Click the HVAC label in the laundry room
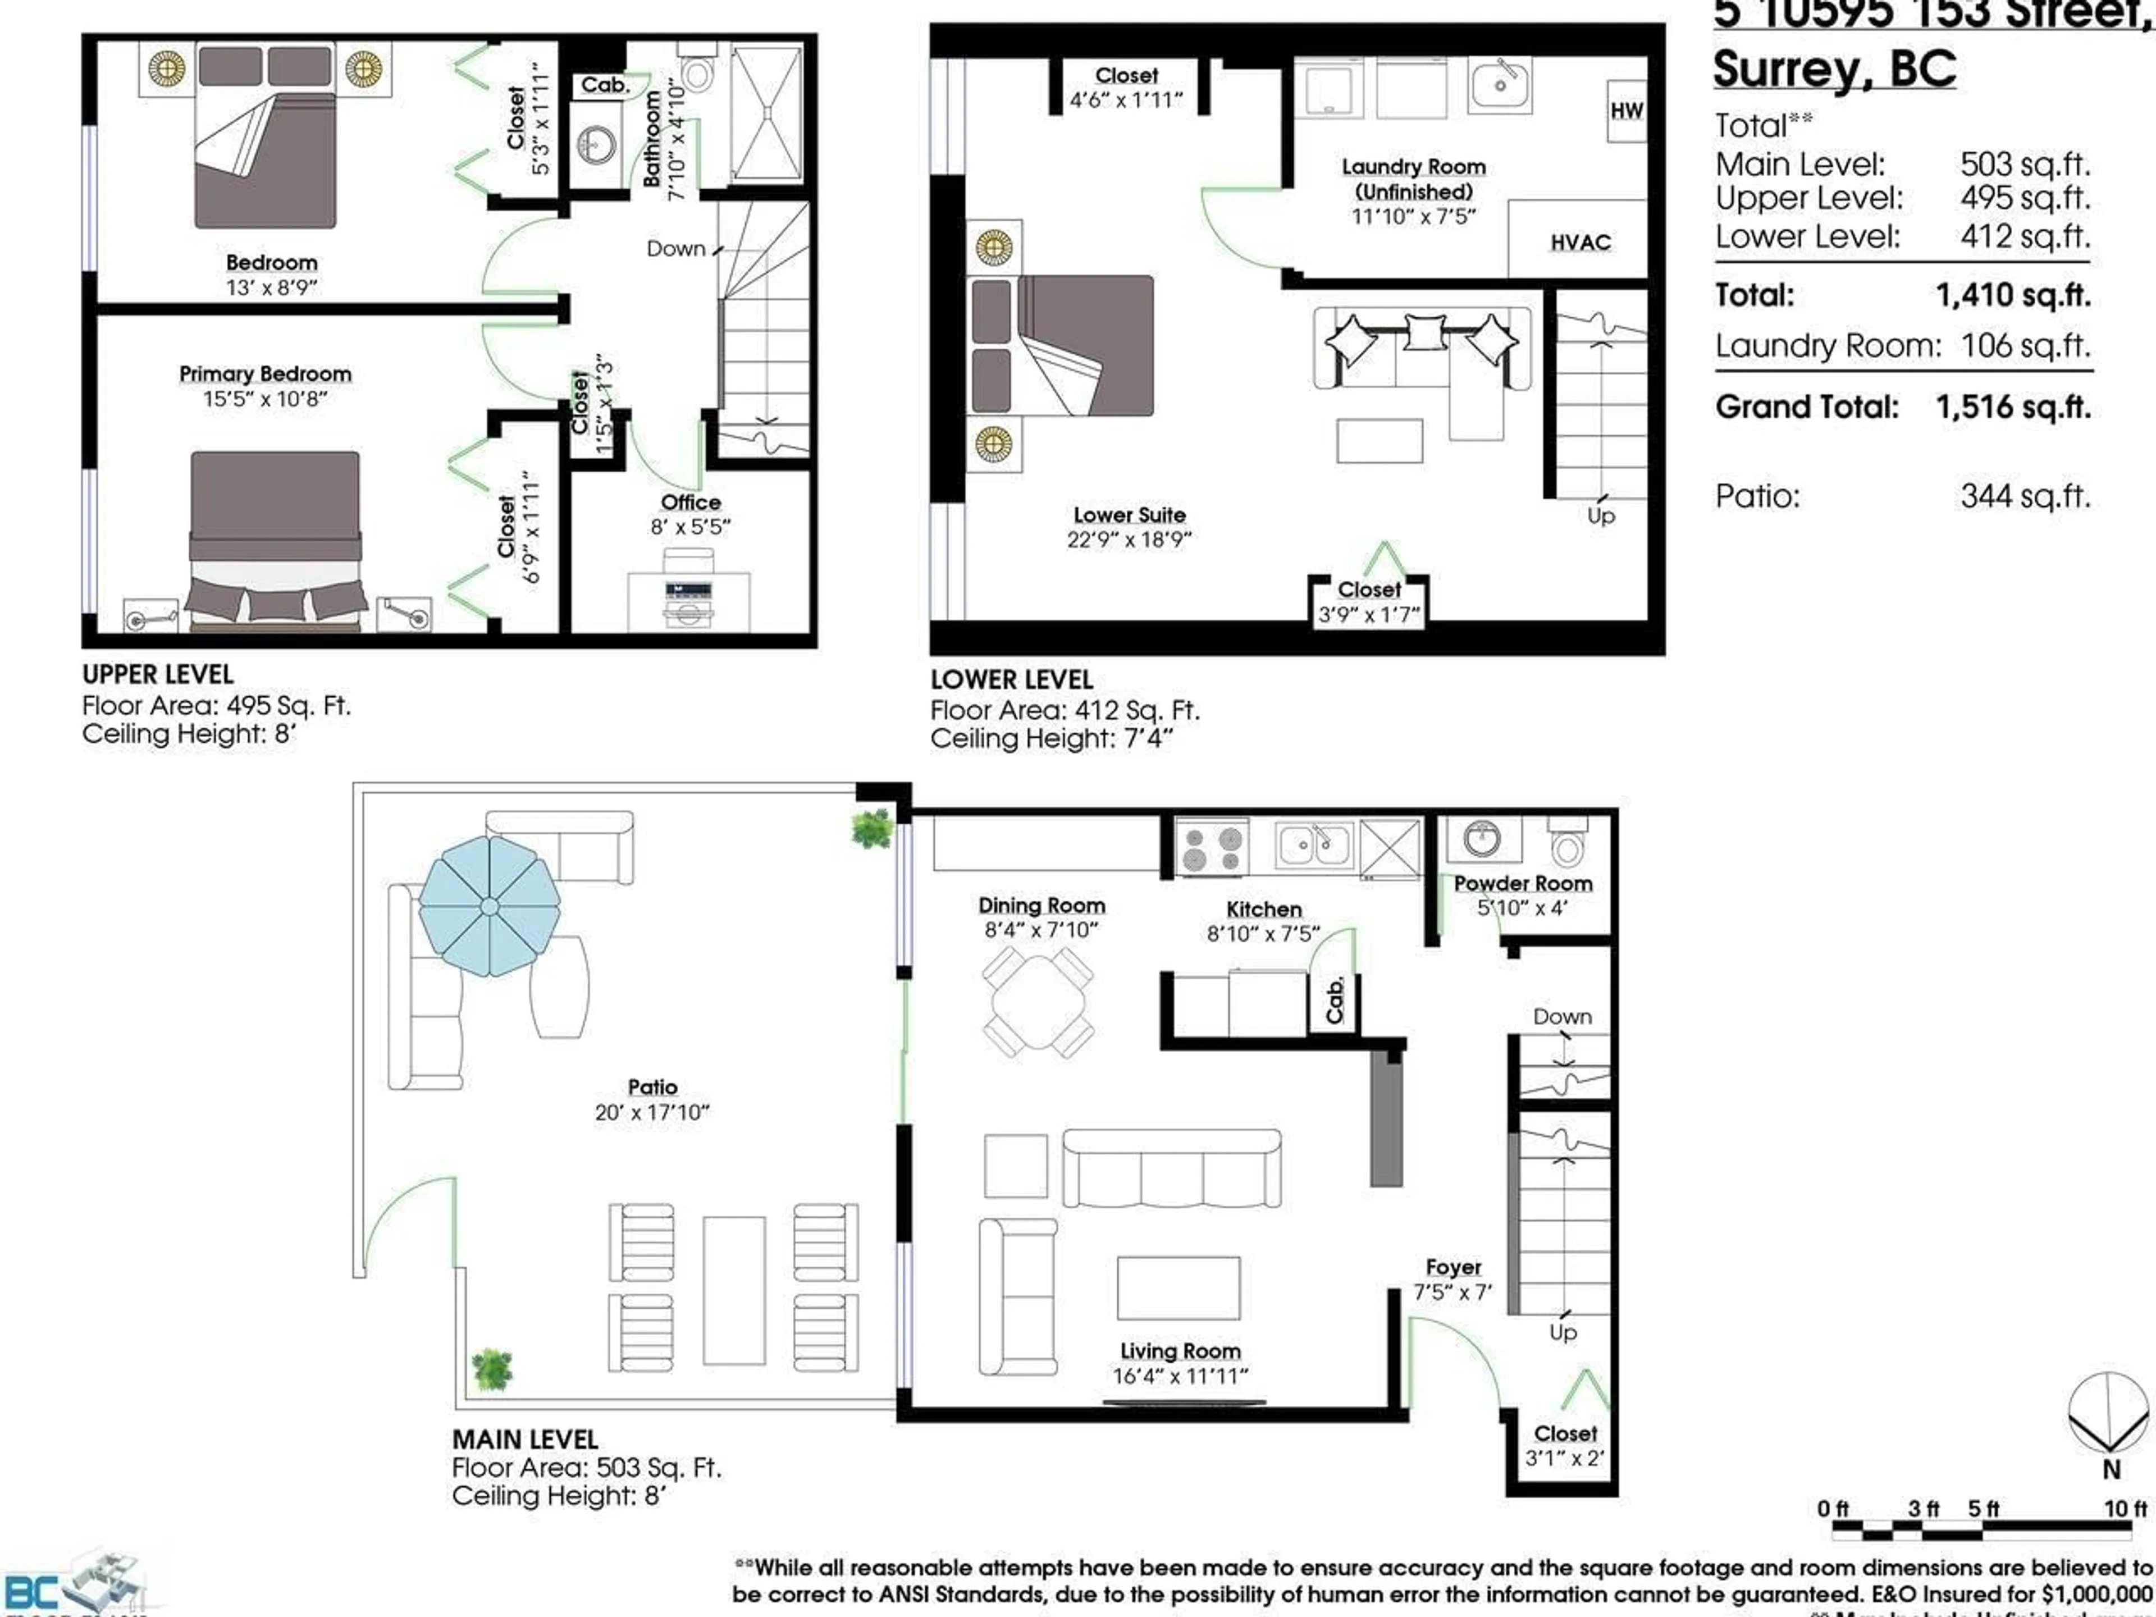(1580, 243)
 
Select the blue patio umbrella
(489, 906)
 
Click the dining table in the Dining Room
(1038, 1003)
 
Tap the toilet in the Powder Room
(1567, 843)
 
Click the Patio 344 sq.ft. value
(2025, 496)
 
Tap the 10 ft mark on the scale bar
(2125, 1509)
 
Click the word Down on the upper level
(675, 249)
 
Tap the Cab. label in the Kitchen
(1335, 1001)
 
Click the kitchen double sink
(1314, 844)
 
